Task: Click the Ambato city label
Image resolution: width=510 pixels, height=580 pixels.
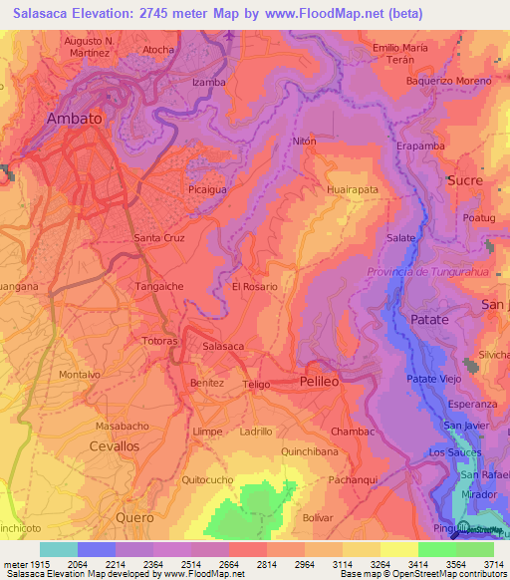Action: pyautogui.click(x=75, y=118)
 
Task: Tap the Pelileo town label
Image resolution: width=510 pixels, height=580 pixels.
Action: pyautogui.click(x=321, y=382)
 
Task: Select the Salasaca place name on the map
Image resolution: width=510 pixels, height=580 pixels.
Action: pyautogui.click(x=223, y=346)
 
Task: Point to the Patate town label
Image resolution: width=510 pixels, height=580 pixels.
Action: pyautogui.click(x=429, y=319)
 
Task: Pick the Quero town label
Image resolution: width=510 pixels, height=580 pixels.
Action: pyautogui.click(x=134, y=518)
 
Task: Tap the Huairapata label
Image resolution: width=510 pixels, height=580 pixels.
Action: pyautogui.click(x=353, y=187)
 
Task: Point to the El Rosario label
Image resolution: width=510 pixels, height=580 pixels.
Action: pyautogui.click(x=254, y=286)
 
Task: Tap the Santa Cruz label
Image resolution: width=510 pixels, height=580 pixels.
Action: pyautogui.click(x=159, y=238)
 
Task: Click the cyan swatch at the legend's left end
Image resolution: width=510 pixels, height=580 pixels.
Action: pyautogui.click(x=58, y=549)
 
